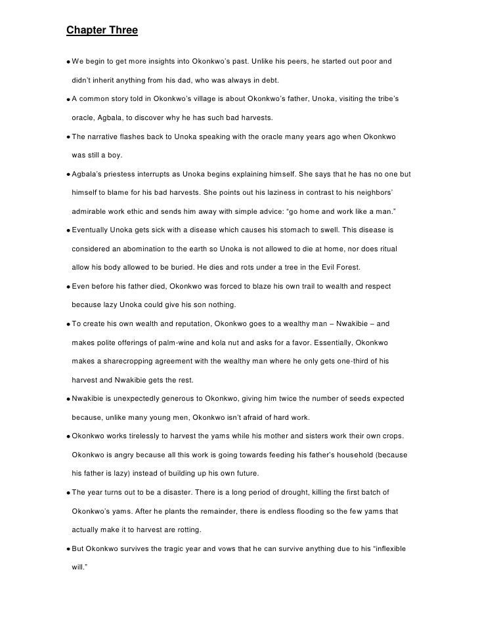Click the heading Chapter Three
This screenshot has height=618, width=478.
coord(102,30)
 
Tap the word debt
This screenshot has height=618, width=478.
coord(266,80)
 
